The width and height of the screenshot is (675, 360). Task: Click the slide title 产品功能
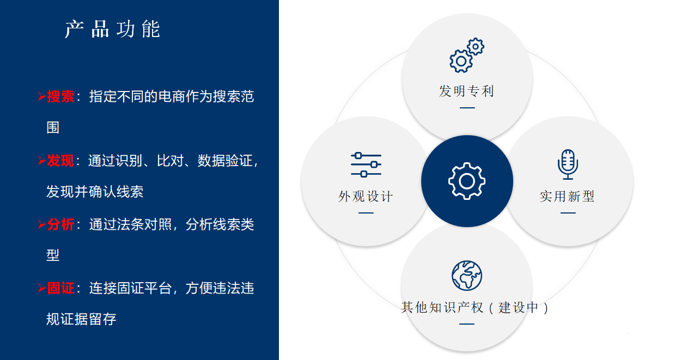pos(112,29)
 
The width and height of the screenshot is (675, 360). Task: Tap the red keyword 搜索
pos(60,97)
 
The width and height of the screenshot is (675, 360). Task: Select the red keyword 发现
pos(60,161)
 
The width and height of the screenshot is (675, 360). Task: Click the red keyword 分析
pos(60,224)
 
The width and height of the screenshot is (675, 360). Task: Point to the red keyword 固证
pos(60,288)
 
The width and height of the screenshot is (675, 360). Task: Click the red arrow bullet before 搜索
pos(42,96)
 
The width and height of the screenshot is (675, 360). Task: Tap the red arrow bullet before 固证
pos(42,288)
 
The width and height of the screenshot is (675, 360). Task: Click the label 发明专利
pos(466,91)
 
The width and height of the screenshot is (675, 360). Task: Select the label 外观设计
pos(366,197)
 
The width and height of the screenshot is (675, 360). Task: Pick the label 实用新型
pos(567,196)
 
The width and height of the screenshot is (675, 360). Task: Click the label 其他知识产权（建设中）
pos(475,308)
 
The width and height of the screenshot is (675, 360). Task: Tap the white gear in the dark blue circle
pos(467,181)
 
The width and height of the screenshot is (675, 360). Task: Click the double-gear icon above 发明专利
pos(467,55)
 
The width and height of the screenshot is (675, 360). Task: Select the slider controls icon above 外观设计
pos(366,164)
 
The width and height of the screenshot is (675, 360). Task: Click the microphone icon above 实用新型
pos(568,164)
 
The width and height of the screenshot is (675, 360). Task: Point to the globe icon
pos(467,276)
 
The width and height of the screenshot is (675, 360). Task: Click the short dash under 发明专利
pos(467,107)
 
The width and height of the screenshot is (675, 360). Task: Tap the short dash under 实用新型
pos(568,213)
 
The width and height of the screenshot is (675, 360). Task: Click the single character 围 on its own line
pos(53,127)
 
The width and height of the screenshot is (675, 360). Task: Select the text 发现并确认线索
pos(95,192)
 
